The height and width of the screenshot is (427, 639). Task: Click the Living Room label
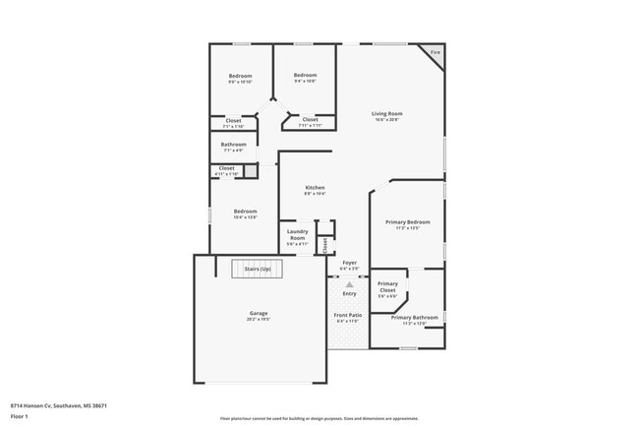click(x=387, y=114)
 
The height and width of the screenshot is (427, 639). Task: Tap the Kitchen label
click(x=315, y=188)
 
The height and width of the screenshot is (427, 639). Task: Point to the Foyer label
click(x=349, y=264)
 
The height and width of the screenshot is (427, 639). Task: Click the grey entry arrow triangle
click(x=349, y=284)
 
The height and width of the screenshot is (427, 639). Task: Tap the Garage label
click(x=259, y=314)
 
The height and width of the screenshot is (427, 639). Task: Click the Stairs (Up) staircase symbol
click(x=258, y=268)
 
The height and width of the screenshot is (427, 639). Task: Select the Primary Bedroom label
click(x=407, y=223)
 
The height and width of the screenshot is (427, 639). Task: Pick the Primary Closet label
click(x=387, y=287)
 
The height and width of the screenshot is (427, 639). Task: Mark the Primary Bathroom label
click(x=414, y=318)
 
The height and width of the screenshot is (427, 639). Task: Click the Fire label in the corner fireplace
click(x=435, y=51)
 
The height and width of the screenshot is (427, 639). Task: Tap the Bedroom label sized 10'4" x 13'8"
click(x=245, y=212)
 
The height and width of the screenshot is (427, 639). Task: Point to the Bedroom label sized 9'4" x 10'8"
click(x=305, y=76)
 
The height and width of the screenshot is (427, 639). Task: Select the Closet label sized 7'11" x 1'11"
click(x=310, y=120)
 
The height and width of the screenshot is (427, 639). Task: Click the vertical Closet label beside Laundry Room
click(x=324, y=246)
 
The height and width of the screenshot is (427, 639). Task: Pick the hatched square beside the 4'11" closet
click(x=252, y=170)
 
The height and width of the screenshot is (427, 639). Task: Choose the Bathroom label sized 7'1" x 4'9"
click(x=234, y=146)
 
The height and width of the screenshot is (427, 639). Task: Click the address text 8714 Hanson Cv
click(x=58, y=404)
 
